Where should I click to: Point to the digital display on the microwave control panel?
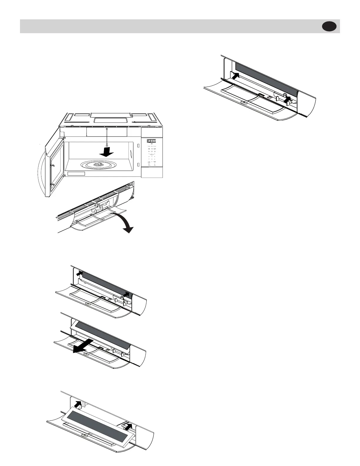click(x=151, y=141)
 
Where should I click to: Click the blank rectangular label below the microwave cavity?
click(x=76, y=174)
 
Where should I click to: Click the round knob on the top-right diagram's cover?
click(x=243, y=102)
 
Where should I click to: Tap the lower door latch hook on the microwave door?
click(x=52, y=185)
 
